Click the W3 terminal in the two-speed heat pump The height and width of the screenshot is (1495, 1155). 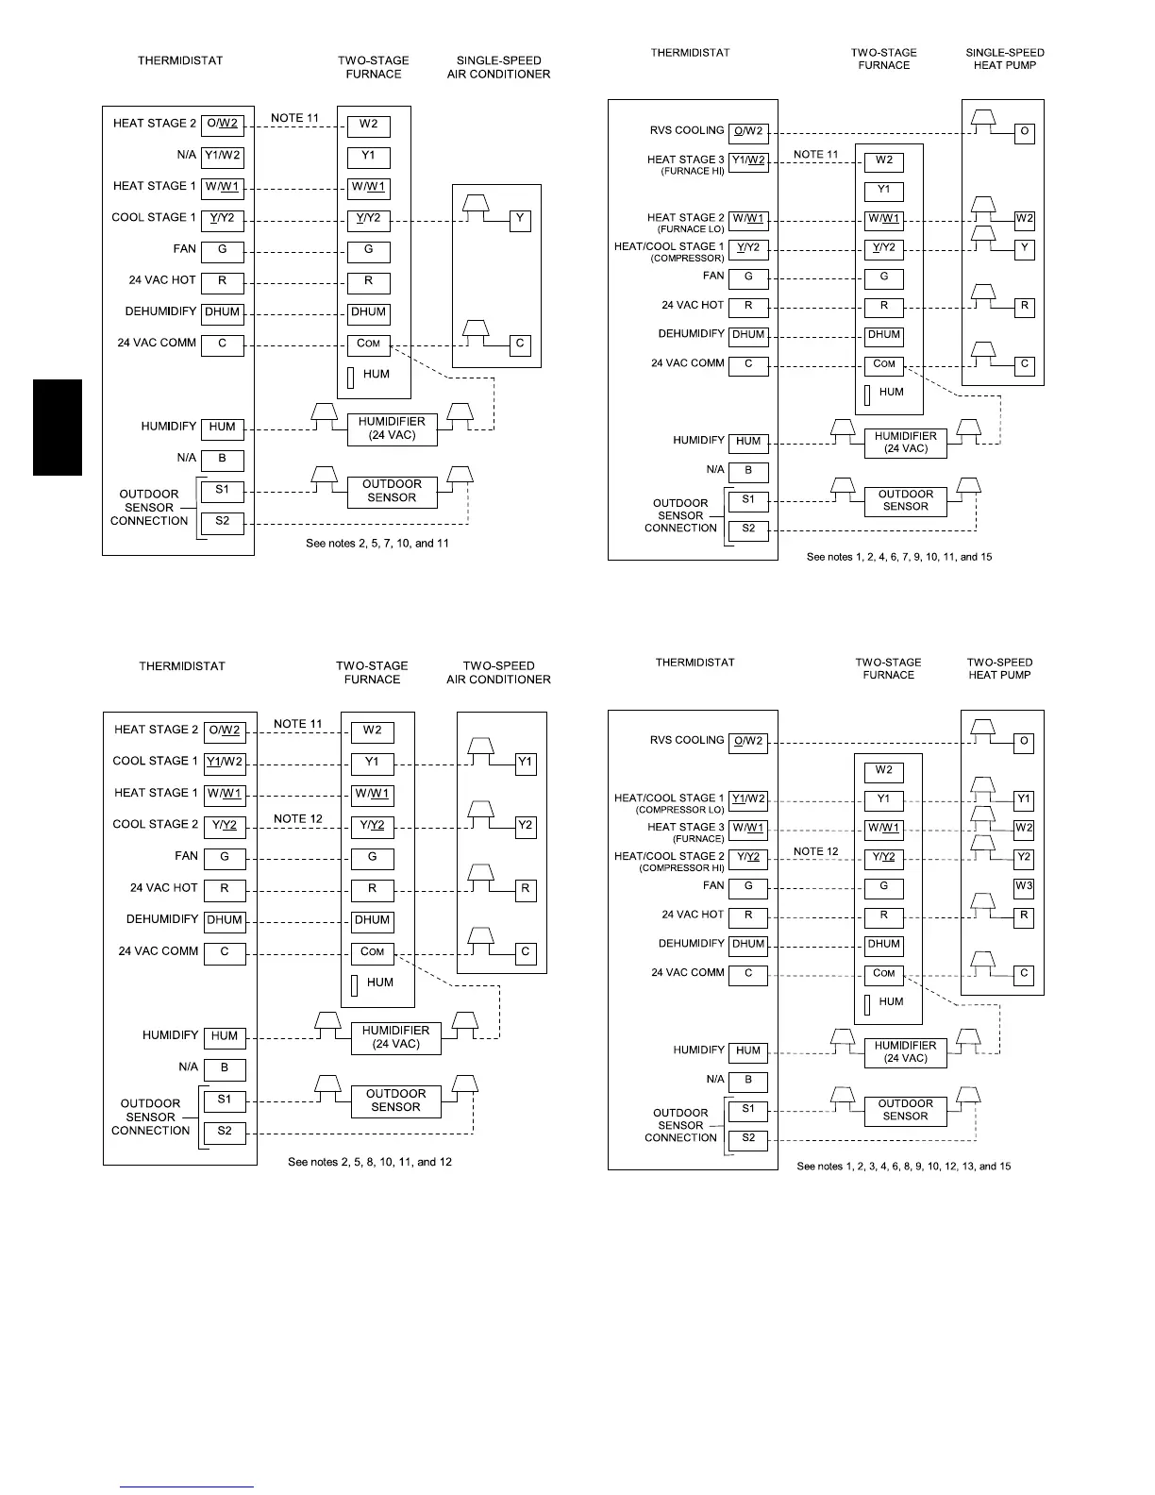point(1024,887)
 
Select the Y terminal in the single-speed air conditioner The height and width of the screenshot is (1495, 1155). point(520,221)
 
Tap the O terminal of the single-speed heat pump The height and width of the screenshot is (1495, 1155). point(1024,133)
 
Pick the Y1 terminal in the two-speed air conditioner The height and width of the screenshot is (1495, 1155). point(526,764)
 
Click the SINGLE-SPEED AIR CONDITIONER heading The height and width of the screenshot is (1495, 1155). point(498,68)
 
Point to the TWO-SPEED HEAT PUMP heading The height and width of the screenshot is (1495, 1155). point(999,668)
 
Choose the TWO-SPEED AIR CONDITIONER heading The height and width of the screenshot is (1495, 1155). point(498,673)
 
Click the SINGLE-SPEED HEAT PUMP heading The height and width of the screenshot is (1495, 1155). point(1005,59)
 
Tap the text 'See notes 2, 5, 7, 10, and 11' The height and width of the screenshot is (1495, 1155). point(377,544)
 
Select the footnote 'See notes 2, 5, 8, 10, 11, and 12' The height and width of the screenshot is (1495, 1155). point(370,1162)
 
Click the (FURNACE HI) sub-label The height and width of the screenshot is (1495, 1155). point(692,172)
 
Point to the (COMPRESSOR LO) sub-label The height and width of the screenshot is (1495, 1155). point(679,810)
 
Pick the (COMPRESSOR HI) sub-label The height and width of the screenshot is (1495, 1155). point(681,868)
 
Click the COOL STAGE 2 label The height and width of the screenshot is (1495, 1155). point(156,824)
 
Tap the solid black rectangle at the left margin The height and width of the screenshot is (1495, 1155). point(58,428)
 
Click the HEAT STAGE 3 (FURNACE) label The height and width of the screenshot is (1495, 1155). point(686,827)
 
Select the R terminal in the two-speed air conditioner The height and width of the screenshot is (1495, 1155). point(526,889)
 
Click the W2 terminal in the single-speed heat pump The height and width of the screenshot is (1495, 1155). point(1024,220)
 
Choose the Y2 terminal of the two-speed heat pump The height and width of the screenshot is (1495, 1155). point(1024,858)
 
